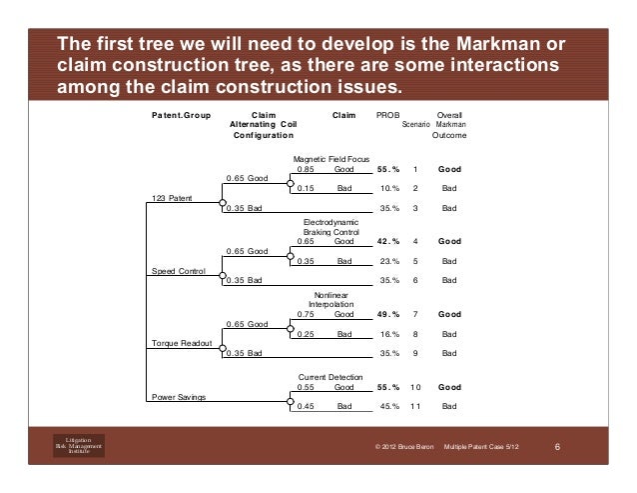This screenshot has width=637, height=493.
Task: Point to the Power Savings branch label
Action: tap(179, 397)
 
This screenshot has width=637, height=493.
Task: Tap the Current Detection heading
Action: tap(326, 376)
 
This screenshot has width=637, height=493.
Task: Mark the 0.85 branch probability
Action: tap(306, 170)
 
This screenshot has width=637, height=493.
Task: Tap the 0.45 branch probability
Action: tap(306, 407)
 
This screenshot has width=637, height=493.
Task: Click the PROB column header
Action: tap(385, 116)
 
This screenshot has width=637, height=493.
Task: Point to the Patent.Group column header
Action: tap(181, 116)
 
